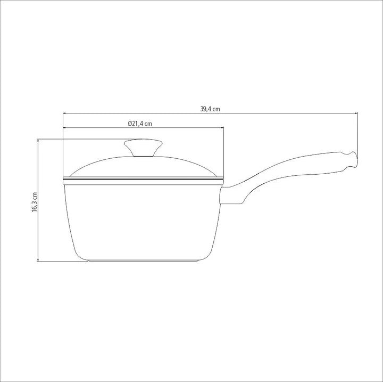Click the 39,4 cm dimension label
click(x=210, y=109)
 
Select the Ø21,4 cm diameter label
click(x=140, y=124)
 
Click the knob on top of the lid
click(x=143, y=147)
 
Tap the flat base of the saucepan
click(x=143, y=261)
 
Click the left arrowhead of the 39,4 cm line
click(x=65, y=113)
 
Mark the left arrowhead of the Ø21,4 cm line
click(x=65, y=128)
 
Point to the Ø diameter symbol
click(x=130, y=124)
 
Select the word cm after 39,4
click(x=216, y=109)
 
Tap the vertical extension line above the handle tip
click(x=356, y=133)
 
